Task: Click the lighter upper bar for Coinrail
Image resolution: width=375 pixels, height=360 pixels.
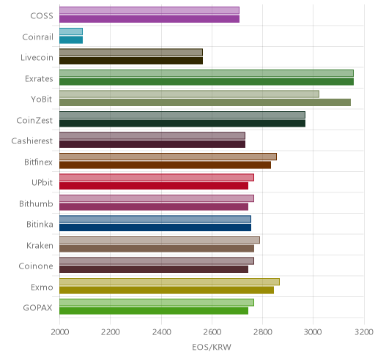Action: coord(71,31)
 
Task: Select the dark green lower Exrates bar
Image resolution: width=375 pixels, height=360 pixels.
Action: coord(207,82)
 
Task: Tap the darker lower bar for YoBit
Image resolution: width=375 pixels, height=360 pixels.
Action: coord(205,102)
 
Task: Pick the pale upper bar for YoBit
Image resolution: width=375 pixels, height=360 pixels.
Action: coord(189,94)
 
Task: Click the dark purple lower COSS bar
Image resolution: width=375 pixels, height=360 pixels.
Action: coord(149,19)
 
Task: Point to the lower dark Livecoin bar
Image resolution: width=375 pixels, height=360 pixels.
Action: coord(131,61)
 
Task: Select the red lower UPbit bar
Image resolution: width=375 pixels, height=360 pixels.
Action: coord(154,186)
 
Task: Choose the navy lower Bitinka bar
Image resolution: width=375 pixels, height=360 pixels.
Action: coord(155,228)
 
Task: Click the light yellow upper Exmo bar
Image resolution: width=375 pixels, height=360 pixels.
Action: coord(169,282)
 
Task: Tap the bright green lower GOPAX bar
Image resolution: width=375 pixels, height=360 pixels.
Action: coord(154,311)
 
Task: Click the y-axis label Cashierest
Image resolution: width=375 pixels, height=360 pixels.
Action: coord(32,141)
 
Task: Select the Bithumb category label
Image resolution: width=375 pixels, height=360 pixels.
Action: coord(36,203)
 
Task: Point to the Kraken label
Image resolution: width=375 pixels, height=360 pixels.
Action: coord(40,245)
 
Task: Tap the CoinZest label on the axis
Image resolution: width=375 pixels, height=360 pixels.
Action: coord(34,120)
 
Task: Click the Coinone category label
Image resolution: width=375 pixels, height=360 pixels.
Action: coord(36,266)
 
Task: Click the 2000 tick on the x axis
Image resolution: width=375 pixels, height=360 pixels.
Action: coord(60,332)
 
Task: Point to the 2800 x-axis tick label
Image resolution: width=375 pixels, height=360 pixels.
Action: coord(262,332)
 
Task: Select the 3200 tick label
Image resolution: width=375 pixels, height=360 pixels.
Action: coord(364,332)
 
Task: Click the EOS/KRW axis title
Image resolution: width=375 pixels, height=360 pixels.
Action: coord(212,347)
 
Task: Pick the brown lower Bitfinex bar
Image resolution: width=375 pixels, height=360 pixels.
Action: coord(165,165)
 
